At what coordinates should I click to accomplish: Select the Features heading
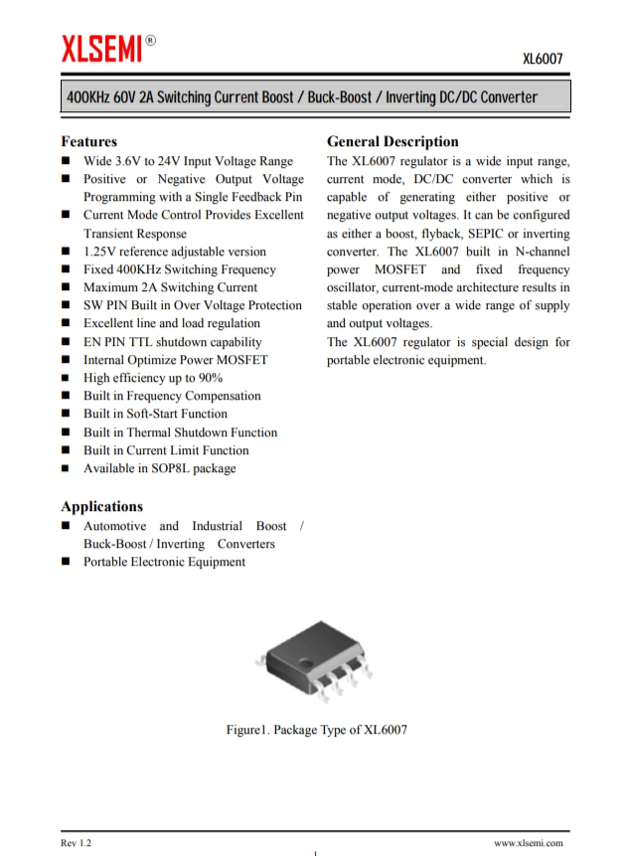pos(88,141)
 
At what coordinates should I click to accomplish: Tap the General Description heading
pos(392,141)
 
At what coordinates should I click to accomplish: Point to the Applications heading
pos(101,506)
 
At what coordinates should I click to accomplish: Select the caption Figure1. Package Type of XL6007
pos(316,730)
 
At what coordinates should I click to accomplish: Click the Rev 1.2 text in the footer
pos(76,842)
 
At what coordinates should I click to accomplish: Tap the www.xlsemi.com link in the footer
pos(528,842)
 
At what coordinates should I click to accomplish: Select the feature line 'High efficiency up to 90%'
pos(152,378)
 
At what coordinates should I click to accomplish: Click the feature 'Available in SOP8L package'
pos(159,468)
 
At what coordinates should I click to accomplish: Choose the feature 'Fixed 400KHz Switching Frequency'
pos(179,269)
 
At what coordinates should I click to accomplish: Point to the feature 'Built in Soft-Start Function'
pos(155,414)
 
